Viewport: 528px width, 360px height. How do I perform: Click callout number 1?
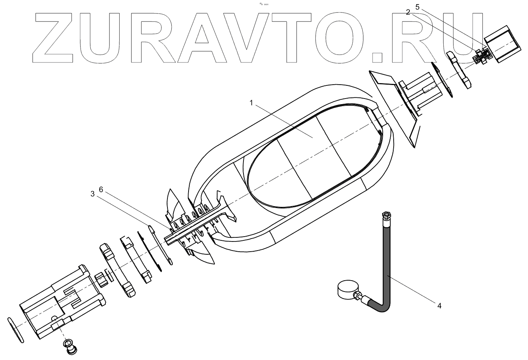point(251,102)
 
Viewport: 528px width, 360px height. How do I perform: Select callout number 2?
point(408,12)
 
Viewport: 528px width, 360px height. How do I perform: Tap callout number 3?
point(93,194)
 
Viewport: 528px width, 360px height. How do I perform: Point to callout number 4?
point(439,305)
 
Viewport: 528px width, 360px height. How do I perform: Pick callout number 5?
point(417,6)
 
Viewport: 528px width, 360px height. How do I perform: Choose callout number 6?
point(101,190)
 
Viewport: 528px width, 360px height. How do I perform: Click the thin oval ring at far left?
point(15,330)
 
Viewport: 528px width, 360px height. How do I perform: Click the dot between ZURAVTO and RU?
point(377,57)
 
